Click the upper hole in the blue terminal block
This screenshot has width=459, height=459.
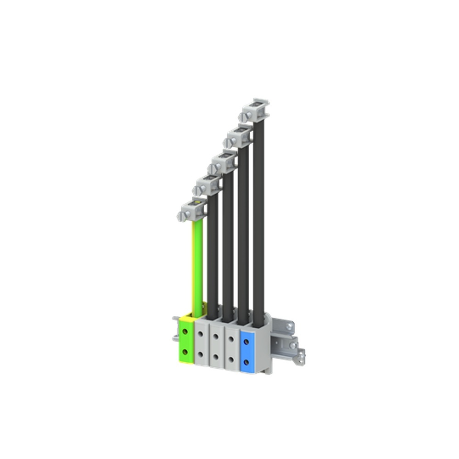point(246,341)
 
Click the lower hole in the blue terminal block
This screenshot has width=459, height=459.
point(246,362)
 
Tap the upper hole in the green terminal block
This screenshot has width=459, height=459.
point(185,331)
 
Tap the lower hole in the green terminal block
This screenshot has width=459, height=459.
point(185,352)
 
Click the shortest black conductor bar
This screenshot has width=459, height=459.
point(212,257)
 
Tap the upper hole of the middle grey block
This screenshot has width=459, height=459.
point(216,336)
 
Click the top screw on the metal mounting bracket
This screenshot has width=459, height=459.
point(290,326)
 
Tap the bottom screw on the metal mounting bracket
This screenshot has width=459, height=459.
point(299,358)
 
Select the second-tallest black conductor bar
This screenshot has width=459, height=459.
point(243,234)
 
